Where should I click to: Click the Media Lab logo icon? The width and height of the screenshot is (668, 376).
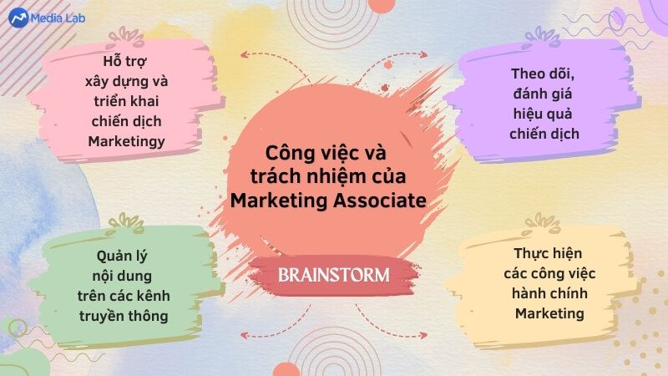pyautogui.click(x=18, y=18)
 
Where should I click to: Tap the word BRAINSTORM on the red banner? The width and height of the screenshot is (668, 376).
pyautogui.click(x=333, y=275)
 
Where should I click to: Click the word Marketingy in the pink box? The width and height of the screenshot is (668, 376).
pyautogui.click(x=127, y=141)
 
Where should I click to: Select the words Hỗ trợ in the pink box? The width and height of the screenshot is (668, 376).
pyautogui.click(x=124, y=61)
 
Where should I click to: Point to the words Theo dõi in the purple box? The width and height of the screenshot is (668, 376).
pyautogui.click(x=543, y=74)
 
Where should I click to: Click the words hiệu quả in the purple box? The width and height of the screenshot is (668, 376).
pyautogui.click(x=543, y=114)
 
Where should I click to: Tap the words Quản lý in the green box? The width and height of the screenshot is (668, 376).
pyautogui.click(x=122, y=257)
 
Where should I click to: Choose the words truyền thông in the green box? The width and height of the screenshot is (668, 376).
pyautogui.click(x=124, y=316)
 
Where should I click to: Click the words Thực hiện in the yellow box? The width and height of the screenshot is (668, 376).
pyautogui.click(x=548, y=254)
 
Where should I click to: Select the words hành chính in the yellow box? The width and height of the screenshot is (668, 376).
pyautogui.click(x=549, y=293)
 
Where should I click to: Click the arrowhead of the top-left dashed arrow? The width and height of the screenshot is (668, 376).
pyautogui.click(x=244, y=54)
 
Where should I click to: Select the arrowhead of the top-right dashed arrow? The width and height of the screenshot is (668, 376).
pyautogui.click(x=423, y=54)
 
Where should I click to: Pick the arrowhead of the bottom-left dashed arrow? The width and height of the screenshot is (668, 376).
pyautogui.click(x=244, y=336)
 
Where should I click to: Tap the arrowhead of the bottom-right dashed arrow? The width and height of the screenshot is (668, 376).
pyautogui.click(x=423, y=336)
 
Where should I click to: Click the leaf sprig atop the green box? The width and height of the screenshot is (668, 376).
pyautogui.click(x=126, y=223)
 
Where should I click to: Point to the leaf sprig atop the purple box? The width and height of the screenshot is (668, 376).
pyautogui.click(x=541, y=37)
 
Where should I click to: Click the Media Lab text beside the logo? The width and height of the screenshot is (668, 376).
pyautogui.click(x=58, y=18)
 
